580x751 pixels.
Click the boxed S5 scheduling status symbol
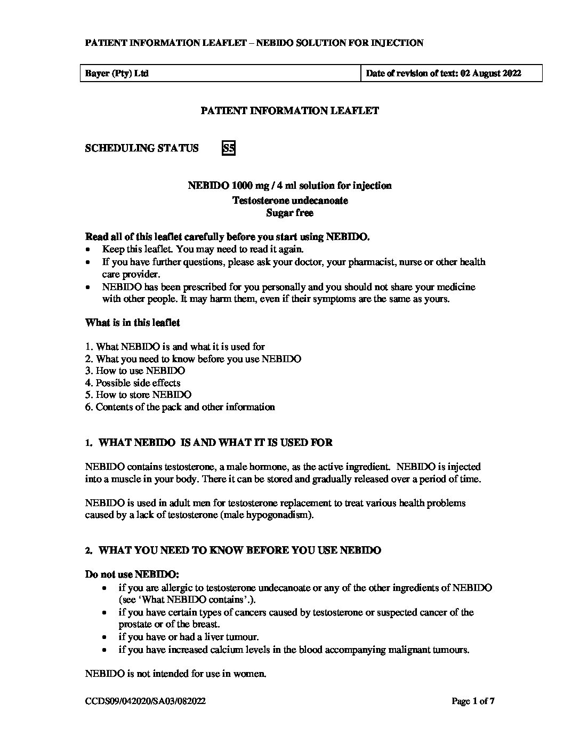pos(228,148)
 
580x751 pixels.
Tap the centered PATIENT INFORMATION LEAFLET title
pos(289,111)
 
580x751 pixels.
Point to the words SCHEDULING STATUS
pos(142,148)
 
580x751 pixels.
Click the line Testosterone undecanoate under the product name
pos(289,201)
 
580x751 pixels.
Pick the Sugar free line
pos(289,213)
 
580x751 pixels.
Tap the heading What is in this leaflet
pos(133,323)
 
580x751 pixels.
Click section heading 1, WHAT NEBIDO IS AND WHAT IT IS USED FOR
pos(209,443)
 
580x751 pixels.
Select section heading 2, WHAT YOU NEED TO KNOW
pos(233,550)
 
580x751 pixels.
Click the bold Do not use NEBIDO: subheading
pos(133,574)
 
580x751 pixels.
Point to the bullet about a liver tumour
pos(188,637)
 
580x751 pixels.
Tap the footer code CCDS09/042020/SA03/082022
pos(146,702)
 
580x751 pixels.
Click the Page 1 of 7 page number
pos(473,702)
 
